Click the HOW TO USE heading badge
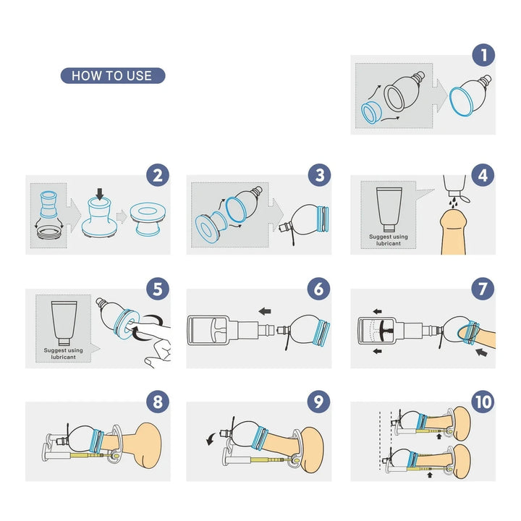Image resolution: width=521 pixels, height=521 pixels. click(x=112, y=75)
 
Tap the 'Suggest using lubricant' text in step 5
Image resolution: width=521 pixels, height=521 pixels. click(x=63, y=353)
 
